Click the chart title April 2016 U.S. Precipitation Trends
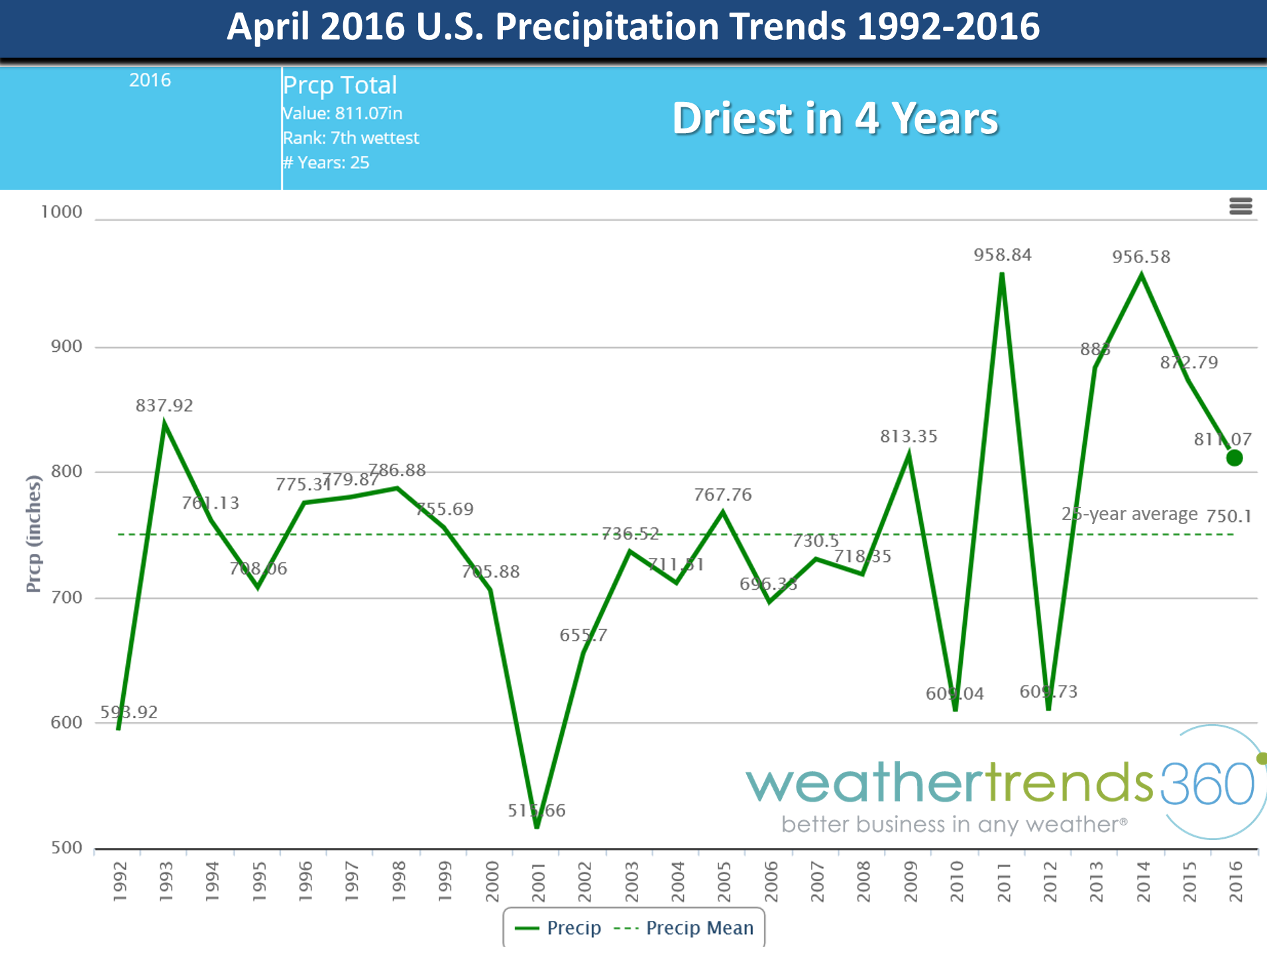pyautogui.click(x=633, y=26)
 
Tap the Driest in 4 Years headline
pyautogui.click(x=835, y=119)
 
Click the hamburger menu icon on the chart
pyautogui.click(x=1240, y=206)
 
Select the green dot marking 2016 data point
pyautogui.click(x=1234, y=458)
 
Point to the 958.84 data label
pyautogui.click(x=1002, y=255)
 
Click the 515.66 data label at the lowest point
pyautogui.click(x=536, y=810)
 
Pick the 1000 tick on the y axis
pyautogui.click(x=62, y=212)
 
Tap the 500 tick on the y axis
pyautogui.click(x=66, y=848)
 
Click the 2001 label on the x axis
pyautogui.click(x=538, y=882)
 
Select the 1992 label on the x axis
pyautogui.click(x=119, y=882)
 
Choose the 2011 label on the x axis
pyautogui.click(x=1004, y=882)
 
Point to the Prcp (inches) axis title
pyautogui.click(x=33, y=534)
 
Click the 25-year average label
pyautogui.click(x=1129, y=514)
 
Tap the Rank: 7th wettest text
pyautogui.click(x=351, y=138)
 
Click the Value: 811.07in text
pyautogui.click(x=343, y=113)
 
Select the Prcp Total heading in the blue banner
pyautogui.click(x=339, y=85)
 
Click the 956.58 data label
pyautogui.click(x=1140, y=257)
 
